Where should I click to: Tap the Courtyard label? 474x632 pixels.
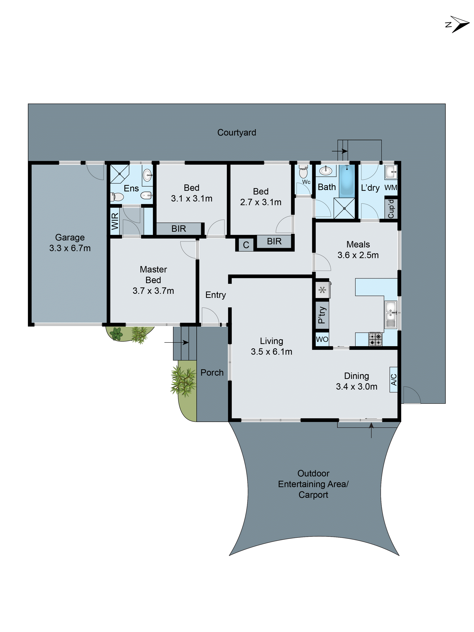pos(237,133)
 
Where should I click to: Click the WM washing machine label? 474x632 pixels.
pos(391,188)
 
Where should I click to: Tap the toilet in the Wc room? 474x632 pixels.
pos(303,172)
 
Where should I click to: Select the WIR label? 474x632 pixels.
pos(115,221)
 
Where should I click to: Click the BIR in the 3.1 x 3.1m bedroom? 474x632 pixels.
pos(179,229)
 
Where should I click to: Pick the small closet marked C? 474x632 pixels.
pos(246,245)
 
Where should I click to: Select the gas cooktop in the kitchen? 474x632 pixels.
pos(375,339)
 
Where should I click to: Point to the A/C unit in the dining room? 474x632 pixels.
pos(393,379)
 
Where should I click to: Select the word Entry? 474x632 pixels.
pos(215,295)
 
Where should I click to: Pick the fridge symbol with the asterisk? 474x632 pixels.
pos(322,290)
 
